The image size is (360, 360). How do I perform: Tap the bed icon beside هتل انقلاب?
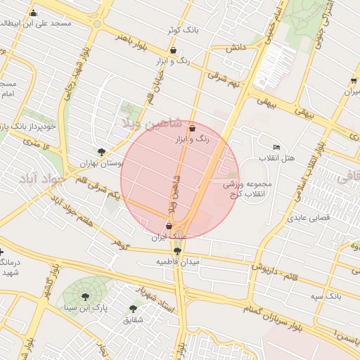tap(276, 147)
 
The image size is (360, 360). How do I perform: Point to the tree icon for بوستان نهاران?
tap(102, 151)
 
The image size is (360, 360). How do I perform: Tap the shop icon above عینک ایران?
tap(168, 226)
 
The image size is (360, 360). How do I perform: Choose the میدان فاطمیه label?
tap(178, 262)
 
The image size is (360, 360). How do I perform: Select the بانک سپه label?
tap(328, 297)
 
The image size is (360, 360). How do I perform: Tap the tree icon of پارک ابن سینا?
tap(86, 297)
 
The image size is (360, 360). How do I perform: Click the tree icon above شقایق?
tap(133, 308)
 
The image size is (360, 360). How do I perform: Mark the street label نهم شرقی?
tap(226, 80)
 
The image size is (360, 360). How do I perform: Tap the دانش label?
tap(234, 48)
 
